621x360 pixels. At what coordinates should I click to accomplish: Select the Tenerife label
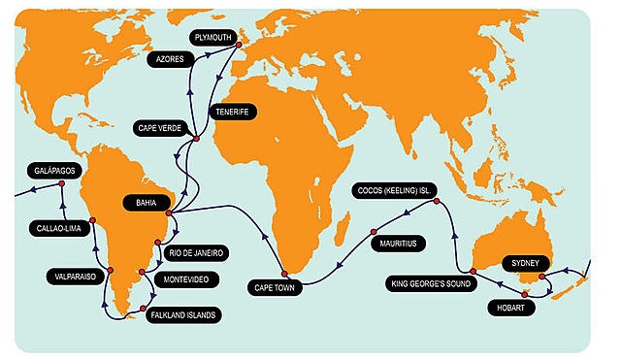pyautogui.click(x=230, y=113)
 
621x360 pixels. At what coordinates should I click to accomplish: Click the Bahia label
pyautogui.click(x=139, y=203)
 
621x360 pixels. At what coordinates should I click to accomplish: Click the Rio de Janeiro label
pyautogui.click(x=197, y=252)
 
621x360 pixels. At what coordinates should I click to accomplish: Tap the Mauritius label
pyautogui.click(x=399, y=244)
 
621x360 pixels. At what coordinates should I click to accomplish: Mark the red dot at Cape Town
pyautogui.click(x=283, y=274)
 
